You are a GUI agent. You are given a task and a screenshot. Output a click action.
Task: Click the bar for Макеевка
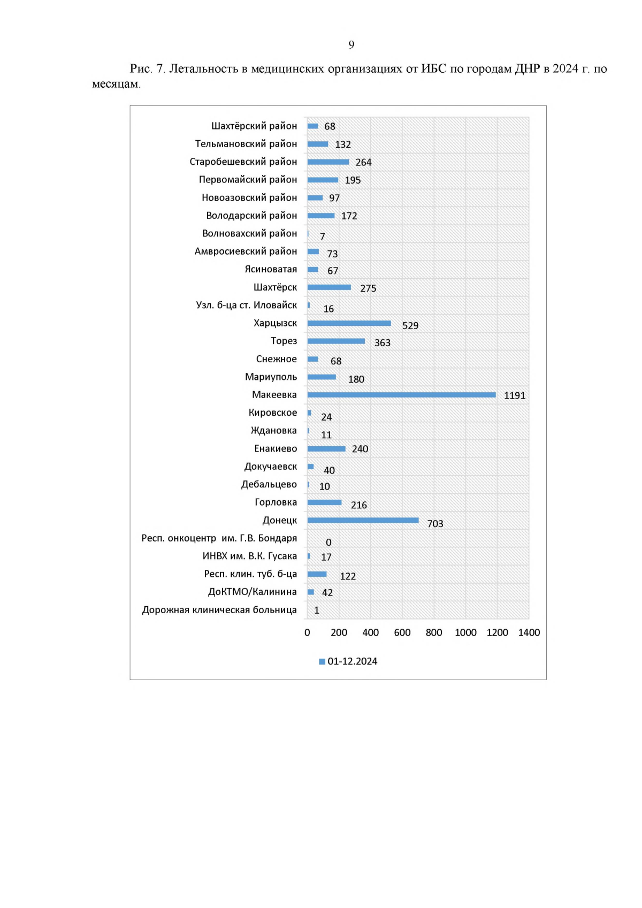(x=401, y=395)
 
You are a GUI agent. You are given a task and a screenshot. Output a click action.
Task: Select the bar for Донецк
(x=363, y=520)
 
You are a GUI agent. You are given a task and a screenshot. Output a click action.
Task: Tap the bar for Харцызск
(x=349, y=323)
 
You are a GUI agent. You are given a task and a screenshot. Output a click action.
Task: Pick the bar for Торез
(x=336, y=341)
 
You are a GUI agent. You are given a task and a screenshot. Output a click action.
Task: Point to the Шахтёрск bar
(x=329, y=287)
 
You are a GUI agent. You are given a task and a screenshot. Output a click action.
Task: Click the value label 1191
(x=515, y=396)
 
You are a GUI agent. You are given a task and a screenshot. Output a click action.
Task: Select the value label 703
(x=435, y=524)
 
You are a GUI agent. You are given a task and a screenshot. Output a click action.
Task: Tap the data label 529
(x=410, y=326)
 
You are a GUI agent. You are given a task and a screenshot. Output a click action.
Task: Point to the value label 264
(x=363, y=163)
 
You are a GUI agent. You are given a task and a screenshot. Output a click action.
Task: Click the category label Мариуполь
(x=271, y=377)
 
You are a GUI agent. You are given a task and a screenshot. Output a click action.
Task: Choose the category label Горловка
(x=276, y=502)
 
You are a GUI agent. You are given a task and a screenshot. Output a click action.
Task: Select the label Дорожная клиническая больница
(x=219, y=610)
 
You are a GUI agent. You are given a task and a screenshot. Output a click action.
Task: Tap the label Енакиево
(x=276, y=448)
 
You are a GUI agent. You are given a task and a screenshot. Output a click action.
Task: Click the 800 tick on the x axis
(x=434, y=632)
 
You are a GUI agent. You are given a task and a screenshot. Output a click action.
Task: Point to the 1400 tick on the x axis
(x=529, y=632)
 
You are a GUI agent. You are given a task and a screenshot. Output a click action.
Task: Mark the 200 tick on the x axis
(x=339, y=632)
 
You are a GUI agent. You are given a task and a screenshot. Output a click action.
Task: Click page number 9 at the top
(x=351, y=44)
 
